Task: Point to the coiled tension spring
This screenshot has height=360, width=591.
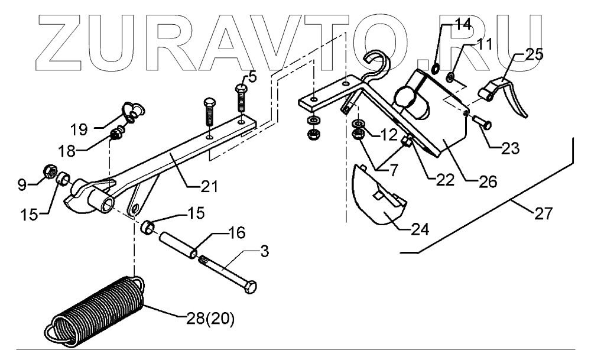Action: (x=98, y=307)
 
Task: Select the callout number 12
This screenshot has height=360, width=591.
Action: (x=386, y=135)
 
